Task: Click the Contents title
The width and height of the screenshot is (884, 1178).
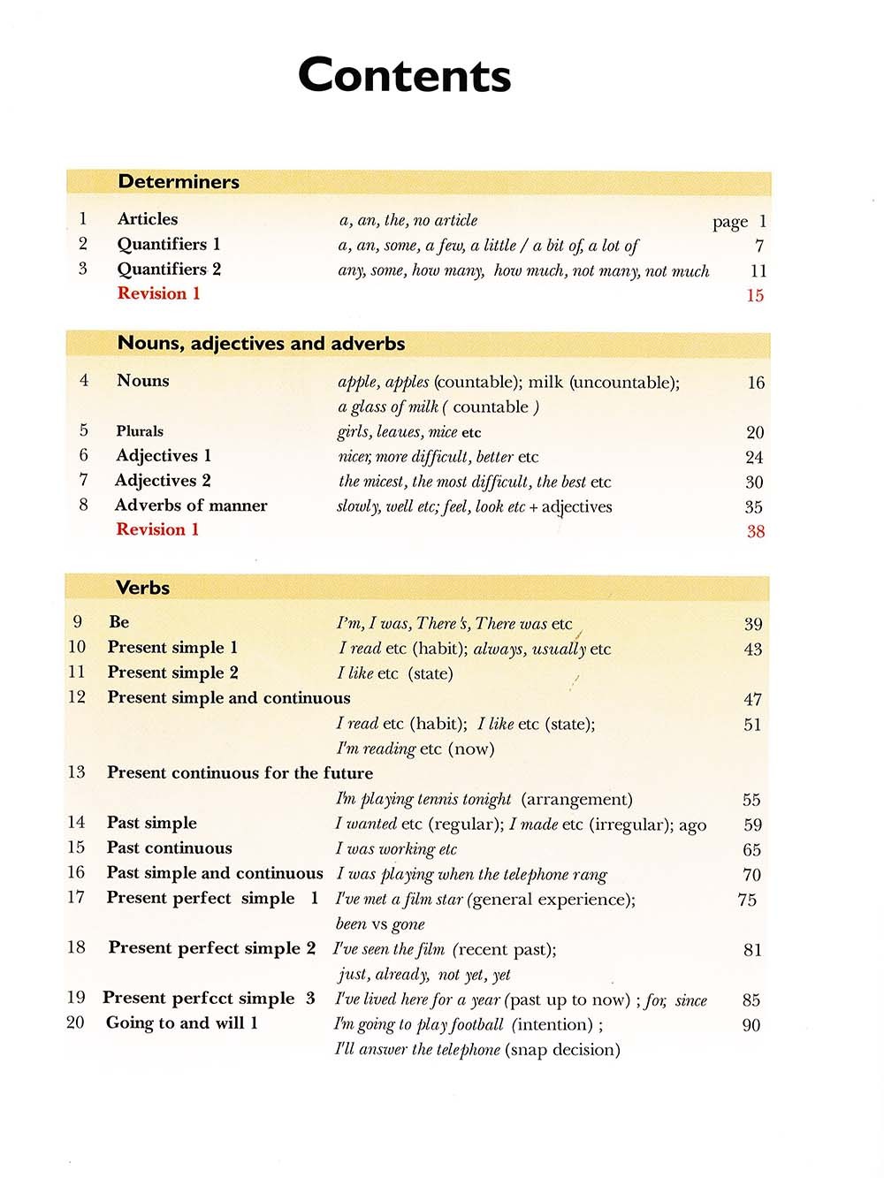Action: [x=404, y=75]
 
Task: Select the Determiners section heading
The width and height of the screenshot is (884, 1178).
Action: [x=179, y=182]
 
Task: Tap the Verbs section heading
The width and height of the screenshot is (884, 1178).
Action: [x=142, y=588]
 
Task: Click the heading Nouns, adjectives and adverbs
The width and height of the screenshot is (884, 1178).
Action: [x=261, y=344]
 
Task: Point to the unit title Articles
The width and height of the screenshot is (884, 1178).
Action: [x=148, y=219]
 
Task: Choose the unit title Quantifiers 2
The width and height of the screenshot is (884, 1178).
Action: [x=169, y=269]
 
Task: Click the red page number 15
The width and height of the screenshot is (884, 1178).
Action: [x=755, y=296]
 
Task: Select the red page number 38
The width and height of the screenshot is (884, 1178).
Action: [x=755, y=532]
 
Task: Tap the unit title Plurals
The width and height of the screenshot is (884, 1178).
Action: [x=140, y=431]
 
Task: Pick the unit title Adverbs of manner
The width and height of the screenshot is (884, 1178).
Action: [x=191, y=505]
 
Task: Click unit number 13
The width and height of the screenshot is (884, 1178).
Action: [x=77, y=772]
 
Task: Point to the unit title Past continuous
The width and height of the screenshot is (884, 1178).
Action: [x=169, y=847]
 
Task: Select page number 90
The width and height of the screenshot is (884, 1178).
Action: [x=751, y=1025]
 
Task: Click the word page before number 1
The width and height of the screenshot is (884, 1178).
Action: [x=730, y=223]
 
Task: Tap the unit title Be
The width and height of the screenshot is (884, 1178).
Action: [x=118, y=622]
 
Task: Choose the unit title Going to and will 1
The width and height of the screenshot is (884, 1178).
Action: [x=182, y=1023]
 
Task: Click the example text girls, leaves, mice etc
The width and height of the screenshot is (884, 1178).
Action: [x=409, y=432]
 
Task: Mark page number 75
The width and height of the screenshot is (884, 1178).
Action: [x=747, y=900]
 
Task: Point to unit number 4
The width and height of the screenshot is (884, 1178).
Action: [x=84, y=381]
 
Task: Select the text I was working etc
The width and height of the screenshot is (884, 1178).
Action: [x=396, y=849]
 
